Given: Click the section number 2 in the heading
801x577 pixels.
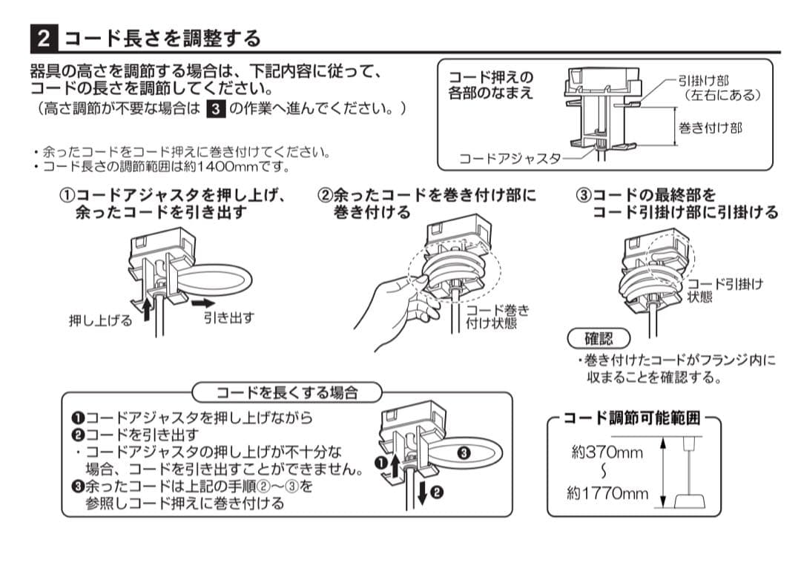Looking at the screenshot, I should [44, 38].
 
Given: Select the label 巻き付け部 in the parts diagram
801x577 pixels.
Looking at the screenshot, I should [710, 128].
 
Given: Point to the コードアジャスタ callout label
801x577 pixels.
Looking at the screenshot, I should [510, 159].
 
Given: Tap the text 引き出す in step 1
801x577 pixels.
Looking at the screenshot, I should [229, 317].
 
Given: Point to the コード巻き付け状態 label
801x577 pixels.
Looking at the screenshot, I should [497, 317].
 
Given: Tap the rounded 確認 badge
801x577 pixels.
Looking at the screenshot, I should [599, 339].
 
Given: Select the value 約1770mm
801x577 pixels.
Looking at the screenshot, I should [607, 493].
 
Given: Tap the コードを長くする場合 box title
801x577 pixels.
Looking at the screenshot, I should [286, 392].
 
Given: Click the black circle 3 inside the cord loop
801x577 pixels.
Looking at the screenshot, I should [464, 452].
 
